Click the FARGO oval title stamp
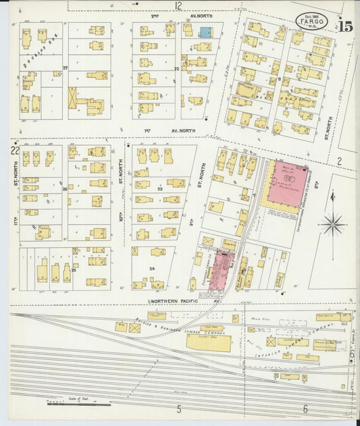313,22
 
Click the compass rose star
332,223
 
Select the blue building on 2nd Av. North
205,32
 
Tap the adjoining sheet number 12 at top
178,5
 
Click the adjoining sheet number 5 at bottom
179,408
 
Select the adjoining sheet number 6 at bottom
305,408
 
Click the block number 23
161,189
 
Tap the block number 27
66,68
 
